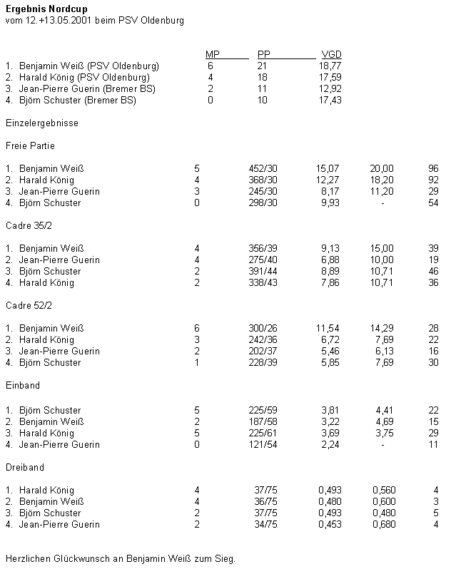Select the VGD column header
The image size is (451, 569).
[x=331, y=55]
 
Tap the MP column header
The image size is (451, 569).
[x=212, y=55]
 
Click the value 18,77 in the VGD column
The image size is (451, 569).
[x=331, y=66]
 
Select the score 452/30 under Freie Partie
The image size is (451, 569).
[x=263, y=168]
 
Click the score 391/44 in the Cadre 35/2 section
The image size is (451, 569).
[x=263, y=271]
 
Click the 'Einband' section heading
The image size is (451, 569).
[x=23, y=385]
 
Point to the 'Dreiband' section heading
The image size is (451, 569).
[x=25, y=467]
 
